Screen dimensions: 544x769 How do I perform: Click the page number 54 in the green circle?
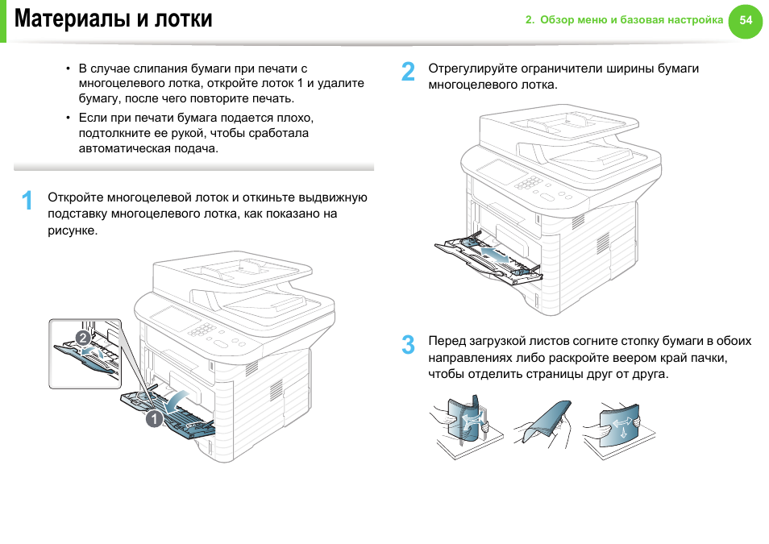tap(746, 21)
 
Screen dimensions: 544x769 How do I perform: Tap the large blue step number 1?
tap(27, 201)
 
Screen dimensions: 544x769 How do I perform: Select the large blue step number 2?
tap(409, 73)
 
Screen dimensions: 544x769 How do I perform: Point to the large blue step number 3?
tap(409, 345)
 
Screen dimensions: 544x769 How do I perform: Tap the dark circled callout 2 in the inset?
tap(82, 336)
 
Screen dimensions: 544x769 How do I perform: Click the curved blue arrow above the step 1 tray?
tap(181, 397)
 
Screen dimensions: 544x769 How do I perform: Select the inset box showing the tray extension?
tap(85, 353)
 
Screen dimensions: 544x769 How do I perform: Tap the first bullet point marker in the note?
tap(69, 69)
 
